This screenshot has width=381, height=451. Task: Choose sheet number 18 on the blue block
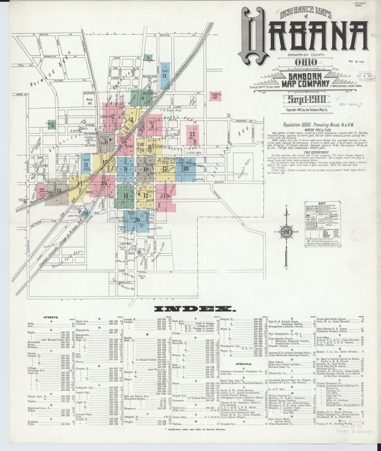(x=186, y=168)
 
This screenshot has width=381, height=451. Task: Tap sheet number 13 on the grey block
(x=59, y=191)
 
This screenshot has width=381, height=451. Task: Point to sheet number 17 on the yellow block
(x=164, y=169)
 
